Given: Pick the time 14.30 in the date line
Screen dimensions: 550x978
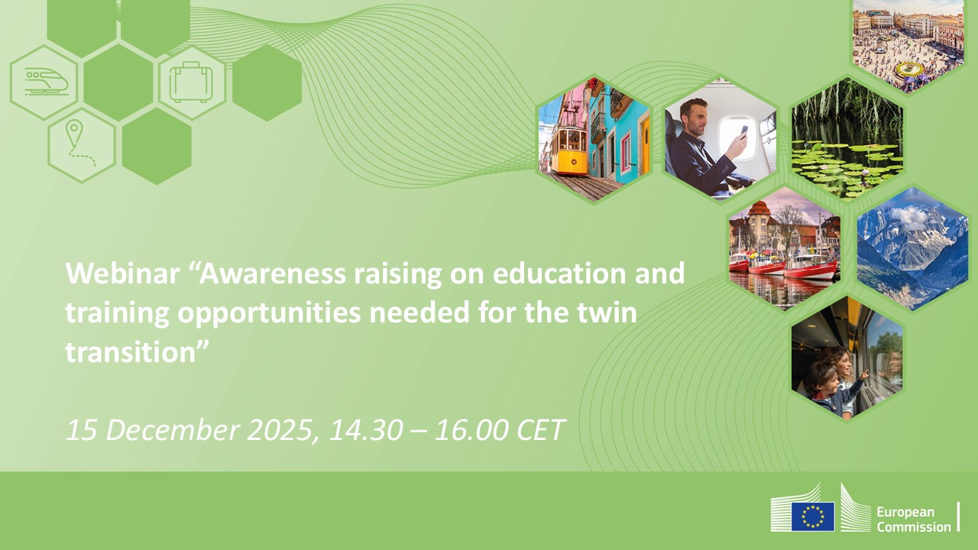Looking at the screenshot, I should click(364, 430).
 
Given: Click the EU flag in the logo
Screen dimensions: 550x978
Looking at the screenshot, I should click(812, 516).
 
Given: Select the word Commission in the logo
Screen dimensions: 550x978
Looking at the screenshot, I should click(913, 526).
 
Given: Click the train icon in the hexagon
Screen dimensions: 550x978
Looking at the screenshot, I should click(45, 81).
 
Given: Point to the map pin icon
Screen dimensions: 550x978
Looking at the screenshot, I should click(74, 134).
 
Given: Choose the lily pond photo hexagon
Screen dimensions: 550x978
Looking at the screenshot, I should click(847, 137).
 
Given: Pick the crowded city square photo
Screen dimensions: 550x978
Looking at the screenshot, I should click(908, 42).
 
